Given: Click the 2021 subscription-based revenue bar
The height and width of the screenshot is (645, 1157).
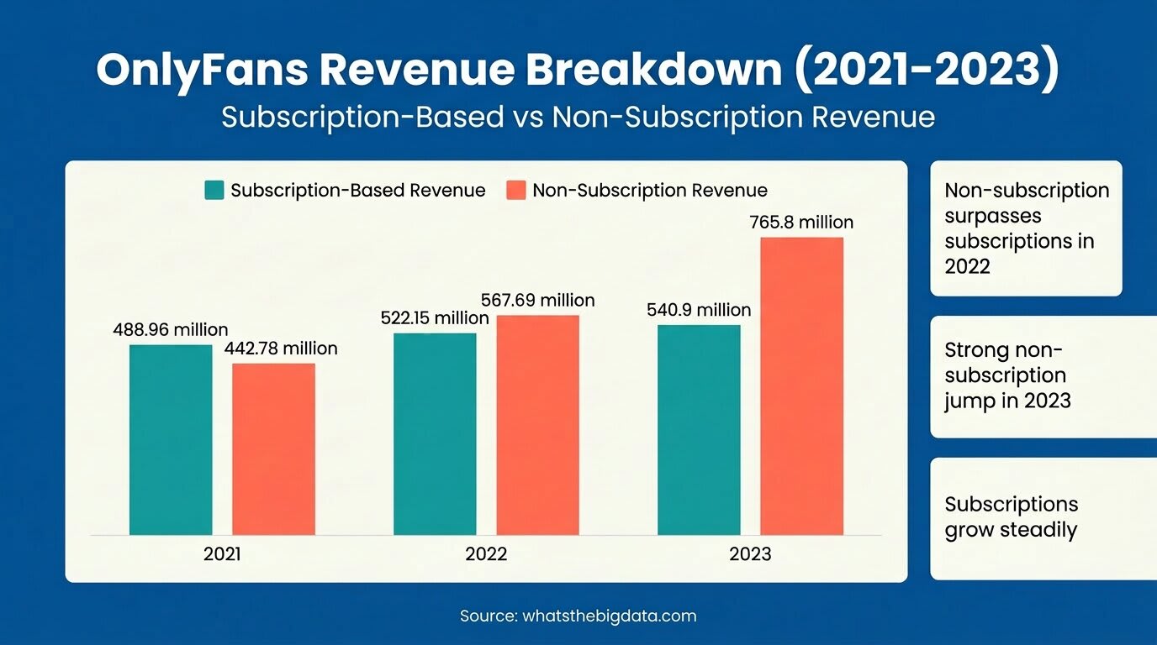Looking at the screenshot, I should coord(171,439).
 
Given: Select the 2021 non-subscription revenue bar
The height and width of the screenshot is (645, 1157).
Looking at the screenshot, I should coord(273,448).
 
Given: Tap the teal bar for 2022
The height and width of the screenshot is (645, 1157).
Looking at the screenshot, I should coord(435,433).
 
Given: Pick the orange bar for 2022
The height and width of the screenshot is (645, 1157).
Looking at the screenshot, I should coord(537,425).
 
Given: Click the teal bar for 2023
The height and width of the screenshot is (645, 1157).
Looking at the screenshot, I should coord(699,429).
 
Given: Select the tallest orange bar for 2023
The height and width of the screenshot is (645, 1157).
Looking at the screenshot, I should coord(801,385).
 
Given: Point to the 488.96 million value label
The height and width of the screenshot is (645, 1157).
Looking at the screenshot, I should coord(171,330).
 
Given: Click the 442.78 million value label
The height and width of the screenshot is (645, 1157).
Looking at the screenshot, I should coord(281,349).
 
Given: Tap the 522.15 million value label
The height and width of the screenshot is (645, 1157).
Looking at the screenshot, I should coord(435,318).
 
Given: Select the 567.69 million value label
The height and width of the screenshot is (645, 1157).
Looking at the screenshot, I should coord(537,300).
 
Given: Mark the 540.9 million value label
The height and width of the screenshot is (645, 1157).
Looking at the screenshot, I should coord(699,310).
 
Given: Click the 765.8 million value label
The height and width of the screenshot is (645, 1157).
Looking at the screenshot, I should coord(801,223).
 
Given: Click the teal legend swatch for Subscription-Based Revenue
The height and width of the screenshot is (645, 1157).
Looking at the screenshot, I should coord(214,190).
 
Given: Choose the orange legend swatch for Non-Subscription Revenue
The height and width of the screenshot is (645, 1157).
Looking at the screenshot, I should coord(516,190).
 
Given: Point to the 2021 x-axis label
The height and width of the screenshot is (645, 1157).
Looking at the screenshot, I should coord(222,555).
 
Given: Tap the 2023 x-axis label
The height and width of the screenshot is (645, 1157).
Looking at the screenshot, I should coord(750,555).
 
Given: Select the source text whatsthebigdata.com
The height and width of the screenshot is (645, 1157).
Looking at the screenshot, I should coord(610,616).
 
